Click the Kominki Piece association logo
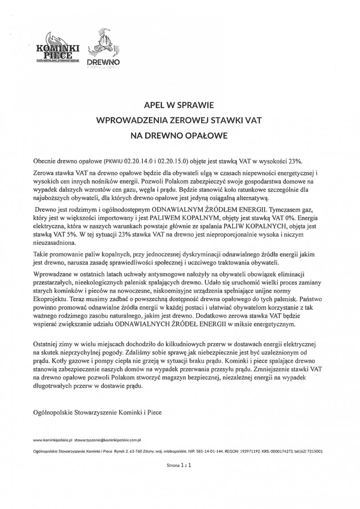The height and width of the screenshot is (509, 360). click(58, 49)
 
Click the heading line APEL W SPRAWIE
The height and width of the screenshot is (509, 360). click(180, 106)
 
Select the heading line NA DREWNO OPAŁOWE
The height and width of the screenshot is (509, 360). click(180, 135)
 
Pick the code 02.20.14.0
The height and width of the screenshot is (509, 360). click(139, 161)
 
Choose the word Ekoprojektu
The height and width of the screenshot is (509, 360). click(52, 298)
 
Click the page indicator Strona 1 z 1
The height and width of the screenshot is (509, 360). click(180, 468)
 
